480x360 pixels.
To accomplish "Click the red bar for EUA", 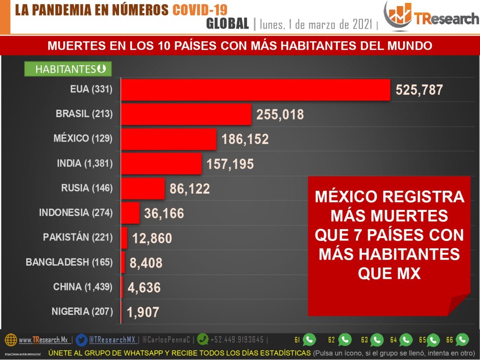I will [255, 90].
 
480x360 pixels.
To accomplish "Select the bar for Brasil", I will [187, 114].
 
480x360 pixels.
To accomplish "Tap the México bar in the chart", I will [169, 139].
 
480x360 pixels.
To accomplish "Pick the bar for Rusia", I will [143, 188].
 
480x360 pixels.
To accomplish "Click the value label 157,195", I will [230, 164].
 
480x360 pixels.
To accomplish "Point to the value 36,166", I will [164, 214].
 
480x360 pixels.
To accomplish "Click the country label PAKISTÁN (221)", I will [78, 237].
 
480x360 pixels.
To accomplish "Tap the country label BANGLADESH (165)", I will [69, 262].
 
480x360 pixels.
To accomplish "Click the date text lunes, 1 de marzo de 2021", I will [316, 24].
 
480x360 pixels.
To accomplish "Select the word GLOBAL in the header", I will [227, 24].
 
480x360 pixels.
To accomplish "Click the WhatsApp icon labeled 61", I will [309, 339].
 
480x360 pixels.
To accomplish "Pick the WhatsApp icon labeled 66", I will [462, 339].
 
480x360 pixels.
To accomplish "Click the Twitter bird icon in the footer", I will [82, 339].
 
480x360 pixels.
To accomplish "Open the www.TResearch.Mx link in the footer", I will [43, 340].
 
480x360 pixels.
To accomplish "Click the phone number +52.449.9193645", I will [237, 340].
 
